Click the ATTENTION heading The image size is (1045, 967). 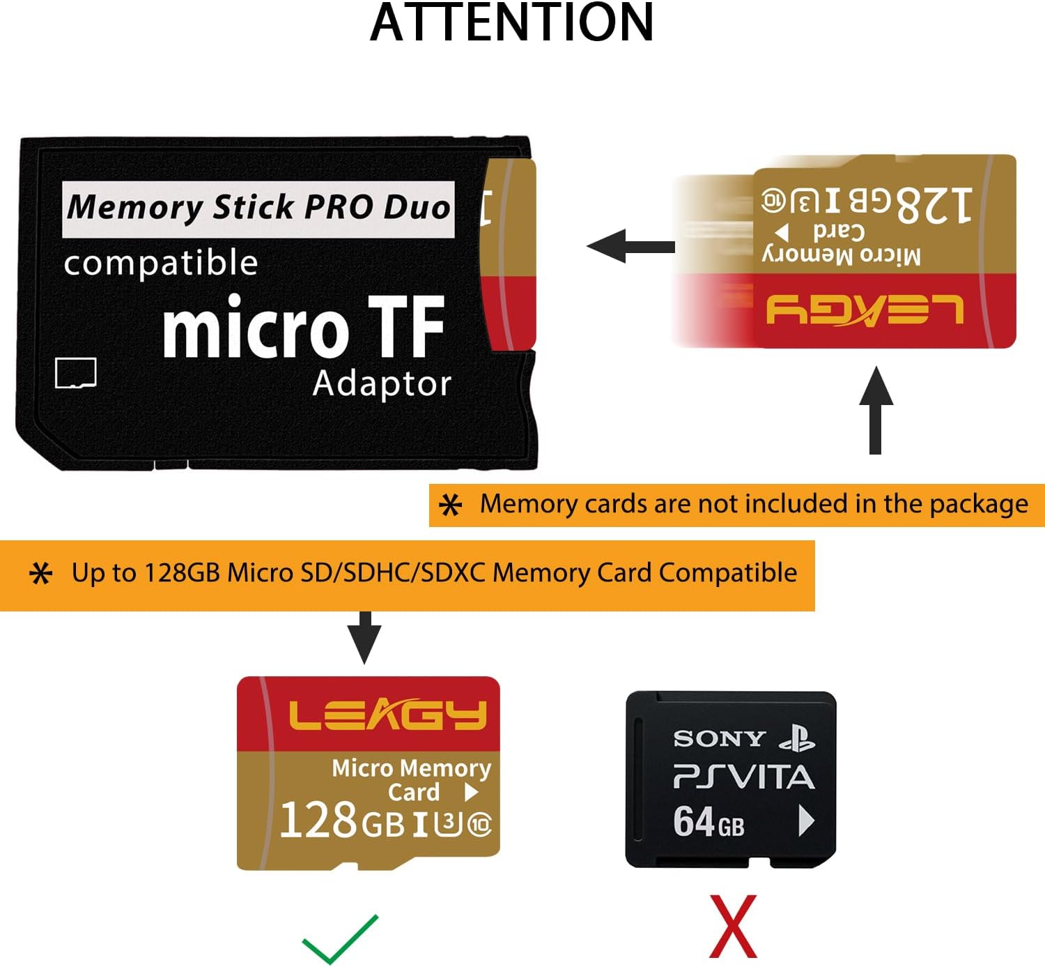click(x=511, y=22)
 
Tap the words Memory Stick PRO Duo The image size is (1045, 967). click(x=258, y=208)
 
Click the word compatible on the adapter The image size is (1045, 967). click(x=161, y=264)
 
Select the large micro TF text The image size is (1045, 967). click(x=304, y=326)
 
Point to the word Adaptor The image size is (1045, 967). click(x=382, y=383)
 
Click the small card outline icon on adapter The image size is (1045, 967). click(x=76, y=373)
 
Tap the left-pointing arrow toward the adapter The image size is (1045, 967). click(x=630, y=246)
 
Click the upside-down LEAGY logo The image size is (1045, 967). click(x=865, y=310)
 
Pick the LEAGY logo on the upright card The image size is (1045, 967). click(x=387, y=715)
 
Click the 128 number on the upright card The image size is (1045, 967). click(x=318, y=820)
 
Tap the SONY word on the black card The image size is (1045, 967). click(x=719, y=738)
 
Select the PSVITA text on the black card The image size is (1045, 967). click(x=743, y=777)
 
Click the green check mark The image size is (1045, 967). click(x=340, y=938)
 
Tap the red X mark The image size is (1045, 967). click(x=733, y=927)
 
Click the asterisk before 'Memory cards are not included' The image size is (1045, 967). click(x=451, y=505)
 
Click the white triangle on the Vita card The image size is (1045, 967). click(x=806, y=821)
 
